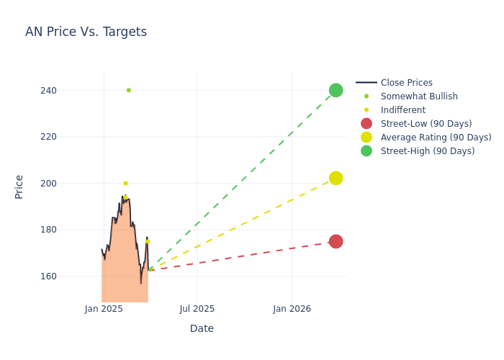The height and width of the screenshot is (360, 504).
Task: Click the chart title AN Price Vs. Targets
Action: tap(86, 32)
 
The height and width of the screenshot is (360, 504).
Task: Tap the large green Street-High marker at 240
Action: tap(336, 90)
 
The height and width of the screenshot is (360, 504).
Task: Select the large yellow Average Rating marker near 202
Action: tap(336, 178)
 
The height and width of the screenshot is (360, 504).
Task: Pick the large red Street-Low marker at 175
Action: tap(336, 241)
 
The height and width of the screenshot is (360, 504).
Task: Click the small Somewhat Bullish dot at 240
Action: tap(129, 90)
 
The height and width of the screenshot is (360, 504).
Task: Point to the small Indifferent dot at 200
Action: tap(126, 183)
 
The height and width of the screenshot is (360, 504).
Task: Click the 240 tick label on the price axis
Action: tap(48, 91)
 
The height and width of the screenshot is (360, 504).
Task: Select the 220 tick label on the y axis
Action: tap(48, 137)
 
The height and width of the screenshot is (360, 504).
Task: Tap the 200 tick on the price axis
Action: tap(48, 184)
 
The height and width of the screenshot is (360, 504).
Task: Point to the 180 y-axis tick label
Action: tap(48, 230)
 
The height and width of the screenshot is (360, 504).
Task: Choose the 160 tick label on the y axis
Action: tap(48, 276)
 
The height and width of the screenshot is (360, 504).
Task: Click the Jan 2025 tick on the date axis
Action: tap(104, 309)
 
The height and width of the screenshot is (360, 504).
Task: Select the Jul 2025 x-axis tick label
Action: tap(197, 309)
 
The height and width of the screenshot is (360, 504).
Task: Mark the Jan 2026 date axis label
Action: tap(292, 309)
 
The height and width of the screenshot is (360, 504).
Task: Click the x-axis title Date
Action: tap(202, 328)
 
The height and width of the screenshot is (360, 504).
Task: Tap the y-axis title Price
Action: tap(19, 187)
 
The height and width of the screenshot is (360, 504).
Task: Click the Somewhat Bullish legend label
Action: tap(419, 96)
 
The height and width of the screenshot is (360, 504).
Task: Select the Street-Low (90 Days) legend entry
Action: tap(426, 124)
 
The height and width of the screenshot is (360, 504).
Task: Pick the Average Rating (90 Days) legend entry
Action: tap(436, 138)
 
